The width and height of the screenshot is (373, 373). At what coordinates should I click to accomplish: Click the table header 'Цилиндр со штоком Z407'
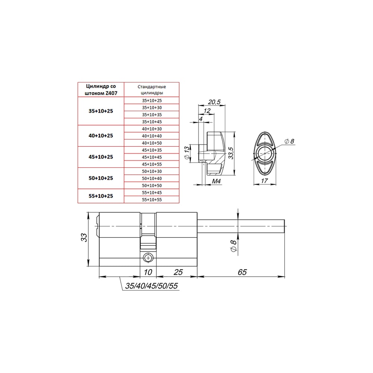[101, 90]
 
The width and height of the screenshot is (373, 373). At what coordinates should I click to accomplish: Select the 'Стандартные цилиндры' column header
[151, 90]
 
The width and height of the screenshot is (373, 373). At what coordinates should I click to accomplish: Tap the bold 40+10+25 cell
[101, 136]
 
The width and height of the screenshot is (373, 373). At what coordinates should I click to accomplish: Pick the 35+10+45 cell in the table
[152, 122]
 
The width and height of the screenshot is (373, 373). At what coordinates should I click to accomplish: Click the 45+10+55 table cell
[152, 164]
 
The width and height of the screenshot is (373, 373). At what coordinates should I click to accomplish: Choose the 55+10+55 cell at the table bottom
[152, 200]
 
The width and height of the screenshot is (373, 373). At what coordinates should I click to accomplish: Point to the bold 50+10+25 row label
[101, 178]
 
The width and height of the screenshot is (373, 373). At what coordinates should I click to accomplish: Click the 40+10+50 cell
[152, 143]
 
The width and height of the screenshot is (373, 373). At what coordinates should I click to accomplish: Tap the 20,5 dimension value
[214, 102]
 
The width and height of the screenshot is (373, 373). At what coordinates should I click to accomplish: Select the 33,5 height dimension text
[231, 153]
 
